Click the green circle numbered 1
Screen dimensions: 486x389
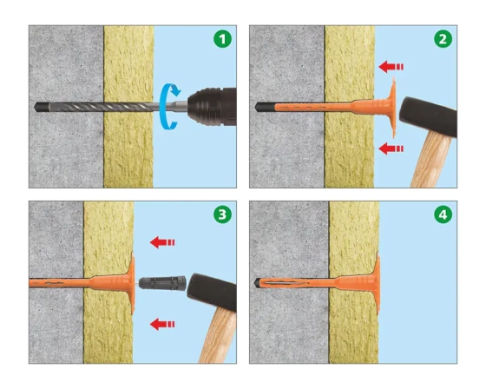222,39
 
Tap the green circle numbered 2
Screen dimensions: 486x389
443,39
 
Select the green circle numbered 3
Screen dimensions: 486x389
222,214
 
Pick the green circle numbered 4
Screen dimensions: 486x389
443,214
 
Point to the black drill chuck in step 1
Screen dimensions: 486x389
212,107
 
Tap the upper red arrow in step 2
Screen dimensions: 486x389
391,67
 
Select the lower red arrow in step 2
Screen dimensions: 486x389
391,148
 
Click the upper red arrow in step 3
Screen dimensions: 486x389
162,242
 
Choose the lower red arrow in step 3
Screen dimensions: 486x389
162,324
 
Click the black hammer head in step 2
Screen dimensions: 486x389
429,116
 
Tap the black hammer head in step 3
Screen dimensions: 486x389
213,292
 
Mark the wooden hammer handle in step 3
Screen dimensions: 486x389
218,336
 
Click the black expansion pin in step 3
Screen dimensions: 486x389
162,283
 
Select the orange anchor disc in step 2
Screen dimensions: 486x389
393,108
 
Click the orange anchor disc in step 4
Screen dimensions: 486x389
378,283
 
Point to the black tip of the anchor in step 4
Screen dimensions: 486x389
257,282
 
